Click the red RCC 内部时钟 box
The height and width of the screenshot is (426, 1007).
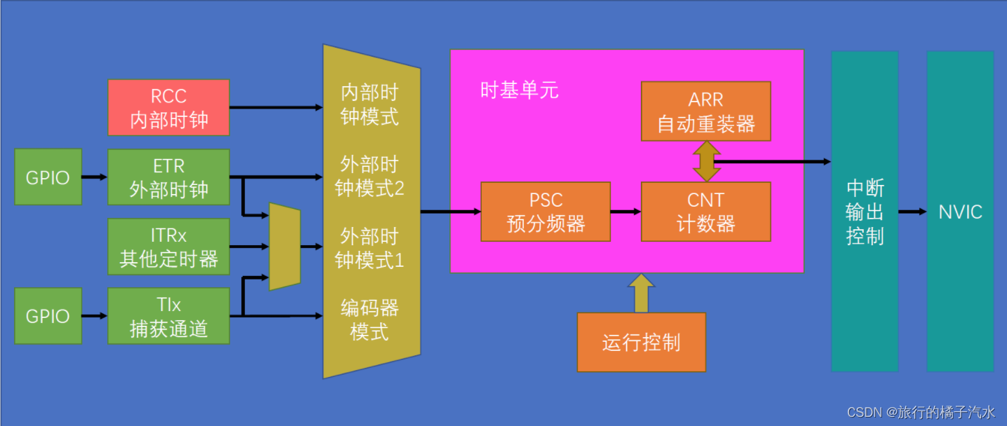tap(168, 107)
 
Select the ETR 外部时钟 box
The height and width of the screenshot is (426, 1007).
tap(168, 177)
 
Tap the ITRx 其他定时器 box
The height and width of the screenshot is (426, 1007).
tap(168, 246)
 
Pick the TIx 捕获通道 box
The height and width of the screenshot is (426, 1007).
tap(168, 316)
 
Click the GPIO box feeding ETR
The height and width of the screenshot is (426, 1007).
tap(48, 177)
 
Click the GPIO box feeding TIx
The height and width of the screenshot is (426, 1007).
tap(48, 316)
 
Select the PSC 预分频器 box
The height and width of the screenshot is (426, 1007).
tap(546, 212)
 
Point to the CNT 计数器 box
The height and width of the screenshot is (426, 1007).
tap(705, 212)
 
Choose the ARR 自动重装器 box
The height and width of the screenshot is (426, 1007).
tap(705, 111)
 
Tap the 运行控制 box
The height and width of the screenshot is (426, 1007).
tap(641, 343)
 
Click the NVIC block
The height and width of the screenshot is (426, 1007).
tap(960, 212)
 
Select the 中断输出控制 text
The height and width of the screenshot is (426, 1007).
tap(865, 212)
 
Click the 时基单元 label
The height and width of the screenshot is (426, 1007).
tap(520, 90)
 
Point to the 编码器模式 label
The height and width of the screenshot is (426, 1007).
tap(370, 319)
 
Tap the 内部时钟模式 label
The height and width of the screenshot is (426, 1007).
tap(370, 104)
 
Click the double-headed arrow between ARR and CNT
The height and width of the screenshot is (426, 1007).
tap(706, 161)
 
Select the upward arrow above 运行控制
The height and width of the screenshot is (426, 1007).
tap(641, 293)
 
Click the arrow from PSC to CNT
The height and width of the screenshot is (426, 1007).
tap(626, 211)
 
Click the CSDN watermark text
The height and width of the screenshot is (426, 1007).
tap(921, 412)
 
